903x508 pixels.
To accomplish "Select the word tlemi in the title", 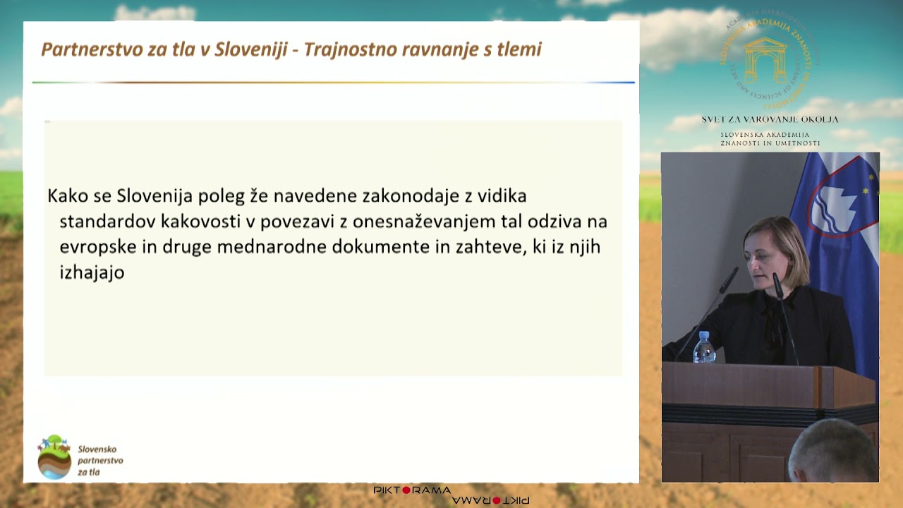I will pos(519,49).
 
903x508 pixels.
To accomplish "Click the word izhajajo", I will pos(92,272).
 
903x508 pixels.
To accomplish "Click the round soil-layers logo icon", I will pos(54,457).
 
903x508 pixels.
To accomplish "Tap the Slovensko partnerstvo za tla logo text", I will pos(99,460).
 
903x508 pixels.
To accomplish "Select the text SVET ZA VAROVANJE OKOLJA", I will pos(770,119).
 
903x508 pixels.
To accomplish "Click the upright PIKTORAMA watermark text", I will pos(412,490).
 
